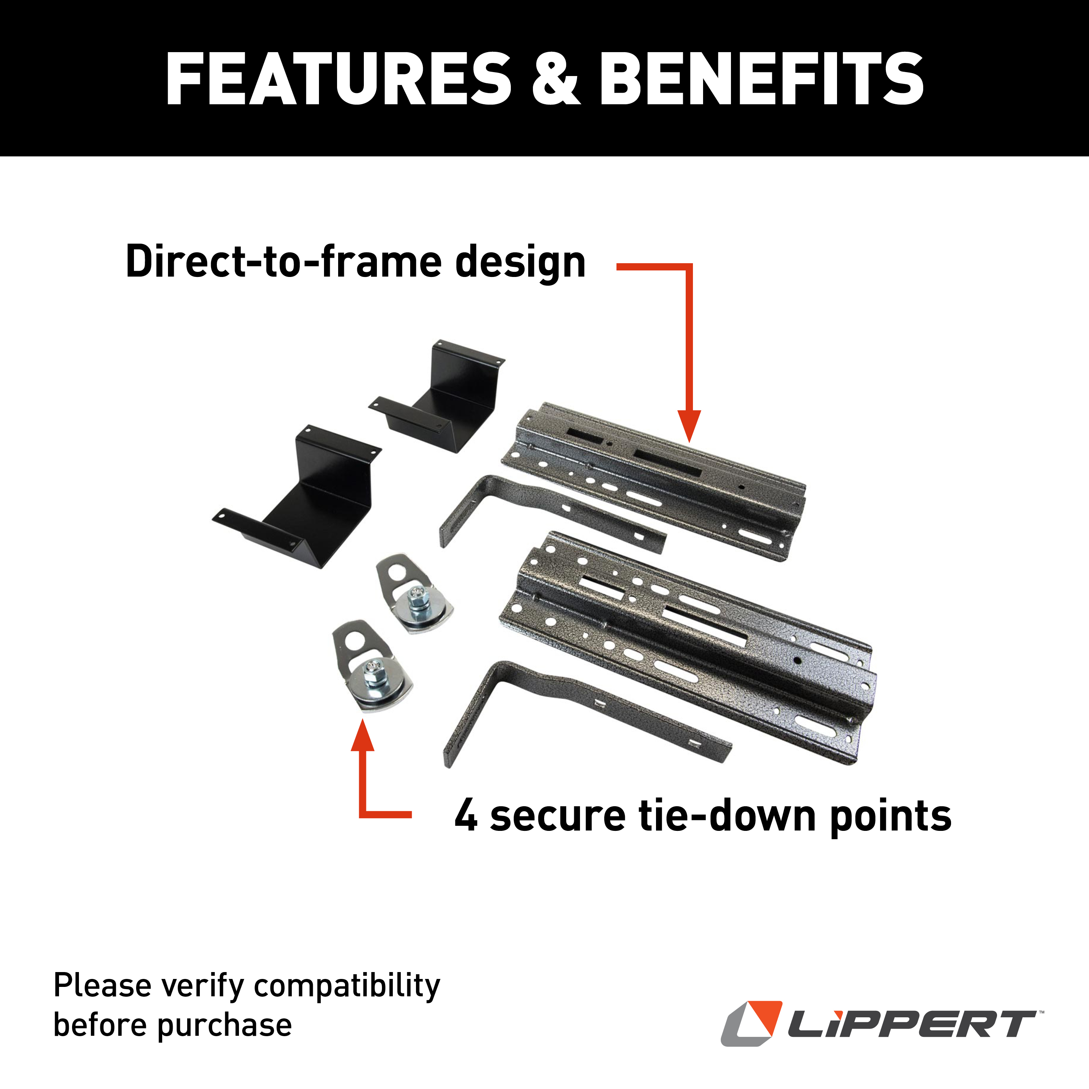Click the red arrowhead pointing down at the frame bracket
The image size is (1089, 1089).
tap(689, 425)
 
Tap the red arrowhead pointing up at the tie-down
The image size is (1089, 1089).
tap(362, 736)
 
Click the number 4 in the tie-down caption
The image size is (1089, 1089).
tap(466, 816)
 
